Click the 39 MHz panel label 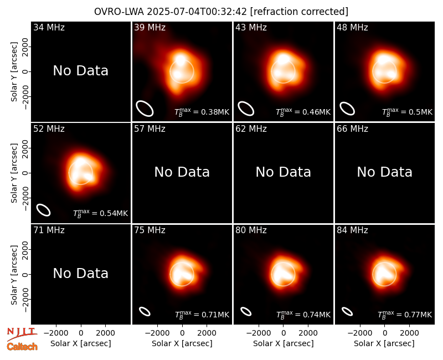coord(150,27)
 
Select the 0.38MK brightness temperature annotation coord(202,112)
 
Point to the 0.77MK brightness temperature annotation coord(405,315)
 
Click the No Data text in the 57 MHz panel coord(182,172)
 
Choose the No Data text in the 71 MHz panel coord(80,274)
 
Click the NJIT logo coord(22,334)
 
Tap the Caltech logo coord(22,347)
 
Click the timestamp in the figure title coord(197,12)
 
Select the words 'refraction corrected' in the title coord(299,12)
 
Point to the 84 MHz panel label coord(352,230)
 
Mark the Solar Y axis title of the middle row coord(14,173)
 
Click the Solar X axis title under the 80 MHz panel coord(284,343)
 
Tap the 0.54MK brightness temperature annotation coord(100,213)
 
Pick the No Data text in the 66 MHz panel coord(384,172)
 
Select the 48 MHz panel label coord(352,27)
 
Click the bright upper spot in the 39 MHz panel coord(180,59)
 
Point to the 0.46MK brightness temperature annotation coord(303,112)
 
